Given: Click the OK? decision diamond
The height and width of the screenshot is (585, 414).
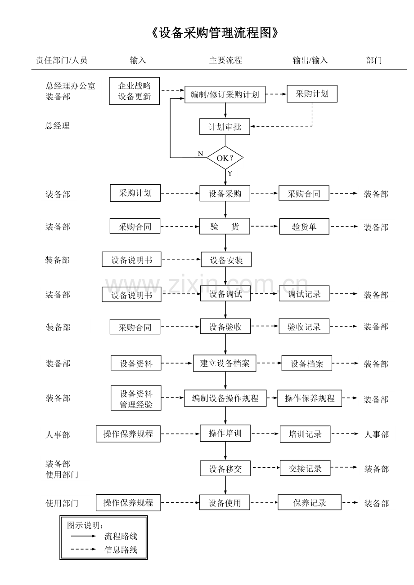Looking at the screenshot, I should [x=225, y=158].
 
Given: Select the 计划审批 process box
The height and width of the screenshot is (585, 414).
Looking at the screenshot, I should [x=225, y=127].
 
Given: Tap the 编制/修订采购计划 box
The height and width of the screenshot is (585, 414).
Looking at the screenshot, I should [x=225, y=94].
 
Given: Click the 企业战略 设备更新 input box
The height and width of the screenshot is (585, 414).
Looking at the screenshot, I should [x=134, y=91].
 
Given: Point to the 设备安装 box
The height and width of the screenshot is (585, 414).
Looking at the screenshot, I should [x=226, y=260].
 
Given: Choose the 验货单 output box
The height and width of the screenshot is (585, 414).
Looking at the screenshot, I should [x=304, y=226].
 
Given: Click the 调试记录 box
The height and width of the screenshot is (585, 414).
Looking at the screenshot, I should [x=304, y=294].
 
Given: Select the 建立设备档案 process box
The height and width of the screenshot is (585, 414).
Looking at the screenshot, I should [x=225, y=363].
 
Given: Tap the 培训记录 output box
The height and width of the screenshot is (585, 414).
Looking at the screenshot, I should [x=305, y=434].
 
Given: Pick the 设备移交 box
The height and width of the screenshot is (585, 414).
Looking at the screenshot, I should [x=225, y=468].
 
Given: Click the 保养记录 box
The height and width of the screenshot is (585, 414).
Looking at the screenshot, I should [x=310, y=502].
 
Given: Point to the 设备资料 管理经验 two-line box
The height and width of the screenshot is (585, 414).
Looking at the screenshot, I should [x=136, y=399].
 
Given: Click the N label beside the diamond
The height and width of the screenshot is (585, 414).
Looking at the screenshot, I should [x=200, y=154].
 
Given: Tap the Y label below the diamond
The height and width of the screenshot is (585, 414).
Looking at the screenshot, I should [x=230, y=173].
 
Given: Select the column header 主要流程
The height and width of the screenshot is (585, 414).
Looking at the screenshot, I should [x=225, y=60].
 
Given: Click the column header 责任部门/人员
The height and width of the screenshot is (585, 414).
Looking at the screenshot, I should [x=62, y=60].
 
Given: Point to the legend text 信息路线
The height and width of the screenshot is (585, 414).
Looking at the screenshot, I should [x=121, y=550].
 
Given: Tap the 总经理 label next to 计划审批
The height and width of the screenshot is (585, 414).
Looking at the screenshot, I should [x=58, y=126].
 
